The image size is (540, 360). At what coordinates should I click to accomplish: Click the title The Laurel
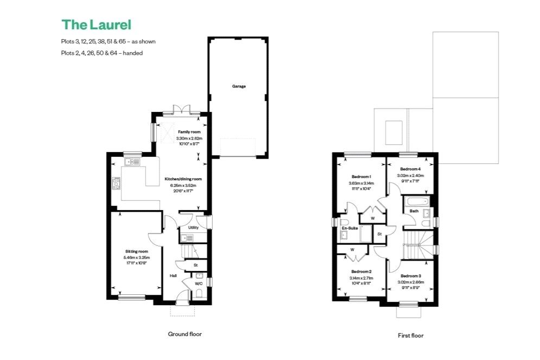click(96, 24)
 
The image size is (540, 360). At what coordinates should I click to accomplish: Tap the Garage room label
click(239, 86)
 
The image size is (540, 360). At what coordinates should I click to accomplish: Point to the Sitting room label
click(136, 251)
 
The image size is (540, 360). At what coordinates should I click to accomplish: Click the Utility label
click(193, 228)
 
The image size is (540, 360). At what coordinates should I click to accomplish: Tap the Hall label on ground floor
click(173, 276)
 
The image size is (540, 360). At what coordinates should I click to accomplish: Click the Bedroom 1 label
click(361, 177)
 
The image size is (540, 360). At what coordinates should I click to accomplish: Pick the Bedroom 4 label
click(410, 169)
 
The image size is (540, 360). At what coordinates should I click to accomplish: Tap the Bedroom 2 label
click(361, 271)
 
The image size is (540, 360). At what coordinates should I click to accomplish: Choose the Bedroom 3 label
click(410, 276)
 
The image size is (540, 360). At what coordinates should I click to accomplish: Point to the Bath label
click(414, 211)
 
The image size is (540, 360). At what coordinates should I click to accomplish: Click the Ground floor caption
click(186, 334)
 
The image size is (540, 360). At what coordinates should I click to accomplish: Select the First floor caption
click(410, 336)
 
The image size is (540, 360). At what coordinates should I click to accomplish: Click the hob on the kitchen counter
click(116, 184)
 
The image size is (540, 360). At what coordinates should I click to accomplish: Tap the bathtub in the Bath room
click(416, 204)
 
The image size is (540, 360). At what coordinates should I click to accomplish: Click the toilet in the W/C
click(199, 294)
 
